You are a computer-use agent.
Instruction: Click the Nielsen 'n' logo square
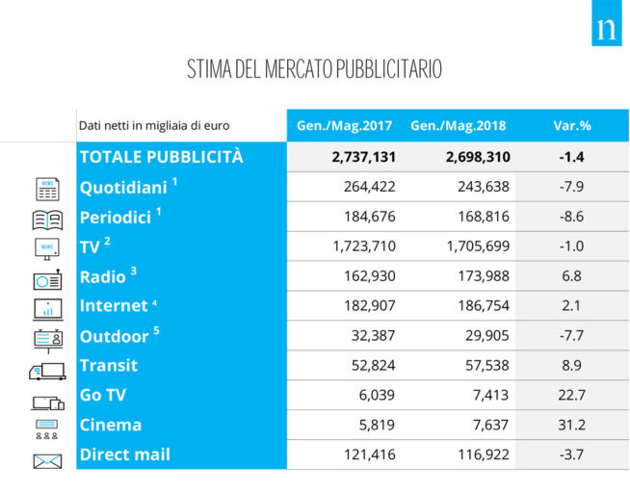click(606, 30)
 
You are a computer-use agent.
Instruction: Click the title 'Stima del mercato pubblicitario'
click(314, 70)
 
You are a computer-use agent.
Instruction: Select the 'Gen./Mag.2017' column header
click(343, 125)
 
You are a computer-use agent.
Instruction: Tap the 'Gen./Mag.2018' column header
click(458, 125)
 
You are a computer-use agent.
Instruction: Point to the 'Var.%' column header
click(571, 125)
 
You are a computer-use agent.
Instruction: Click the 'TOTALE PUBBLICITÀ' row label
click(161, 156)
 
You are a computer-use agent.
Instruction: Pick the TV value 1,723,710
click(363, 246)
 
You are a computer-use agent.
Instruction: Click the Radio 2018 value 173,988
click(479, 276)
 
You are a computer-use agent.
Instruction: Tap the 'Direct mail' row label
click(124, 454)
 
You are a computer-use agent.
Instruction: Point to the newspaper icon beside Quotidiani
click(47, 189)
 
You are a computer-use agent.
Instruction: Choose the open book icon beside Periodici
click(47, 219)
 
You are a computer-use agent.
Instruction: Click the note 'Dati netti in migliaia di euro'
click(155, 125)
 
